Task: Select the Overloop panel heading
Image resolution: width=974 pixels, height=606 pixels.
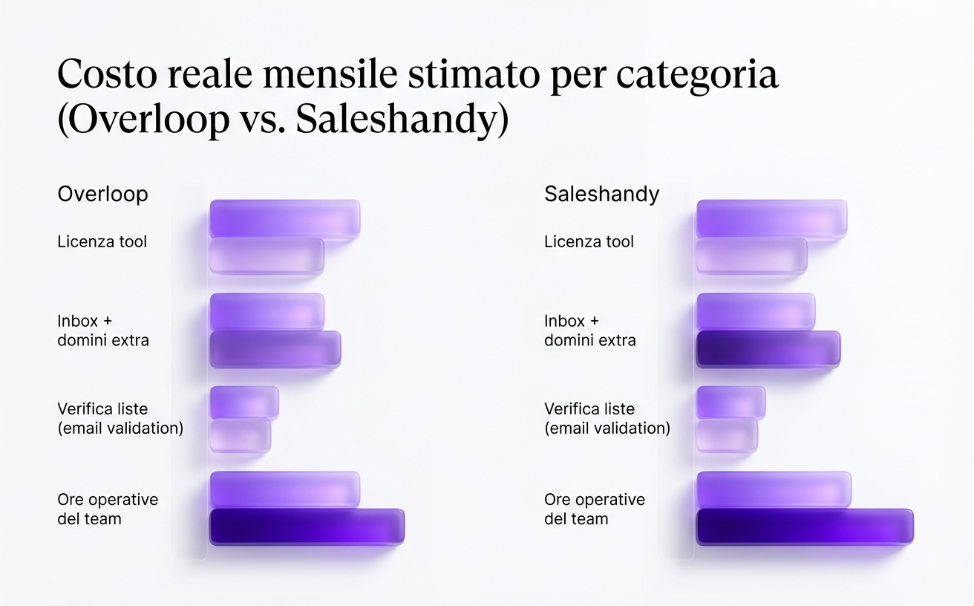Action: (x=102, y=194)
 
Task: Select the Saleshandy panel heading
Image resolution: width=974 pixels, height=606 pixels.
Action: (x=601, y=194)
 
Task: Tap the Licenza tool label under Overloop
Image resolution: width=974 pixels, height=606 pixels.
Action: (x=102, y=241)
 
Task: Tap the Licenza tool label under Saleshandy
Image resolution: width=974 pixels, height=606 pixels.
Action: (x=589, y=241)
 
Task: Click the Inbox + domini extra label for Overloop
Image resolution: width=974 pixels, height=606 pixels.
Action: (x=102, y=330)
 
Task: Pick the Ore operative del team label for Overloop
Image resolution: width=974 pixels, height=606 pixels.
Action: (x=107, y=509)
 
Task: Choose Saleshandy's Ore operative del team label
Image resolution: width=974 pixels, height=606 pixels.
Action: (x=594, y=509)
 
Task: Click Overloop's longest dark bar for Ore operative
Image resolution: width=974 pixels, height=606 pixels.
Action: (x=307, y=527)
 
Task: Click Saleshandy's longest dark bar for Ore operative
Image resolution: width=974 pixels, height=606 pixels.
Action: (x=805, y=527)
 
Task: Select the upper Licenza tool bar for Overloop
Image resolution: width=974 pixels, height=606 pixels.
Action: (x=284, y=218)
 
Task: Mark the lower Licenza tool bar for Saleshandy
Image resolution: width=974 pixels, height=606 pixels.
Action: (x=751, y=256)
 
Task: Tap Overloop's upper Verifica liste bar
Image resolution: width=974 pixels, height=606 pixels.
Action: (x=244, y=402)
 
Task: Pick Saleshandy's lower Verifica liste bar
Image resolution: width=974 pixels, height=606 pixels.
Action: (x=727, y=435)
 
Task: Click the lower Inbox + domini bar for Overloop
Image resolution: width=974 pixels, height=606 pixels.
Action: (x=275, y=349)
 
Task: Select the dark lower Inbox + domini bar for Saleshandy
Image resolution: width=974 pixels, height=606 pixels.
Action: (x=768, y=349)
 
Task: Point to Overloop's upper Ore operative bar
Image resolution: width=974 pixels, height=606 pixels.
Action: (x=284, y=489)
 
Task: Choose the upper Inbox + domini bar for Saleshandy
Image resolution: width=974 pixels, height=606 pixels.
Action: (x=756, y=311)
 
